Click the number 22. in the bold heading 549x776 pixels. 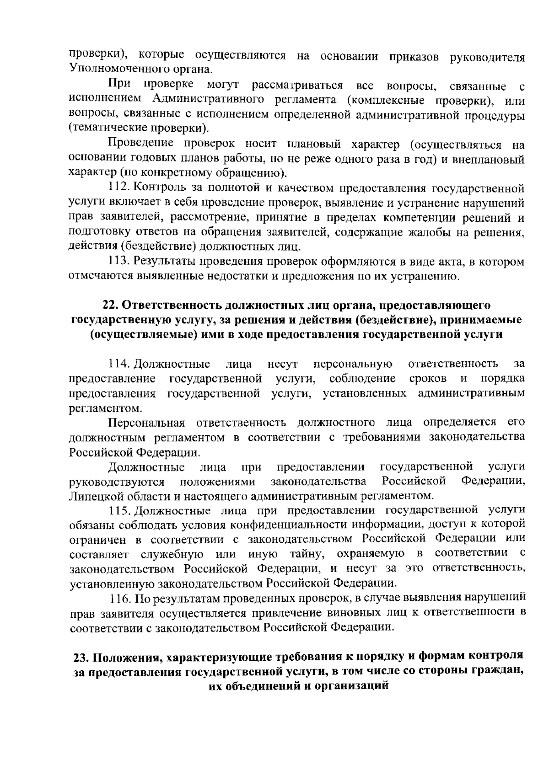point(110,305)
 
